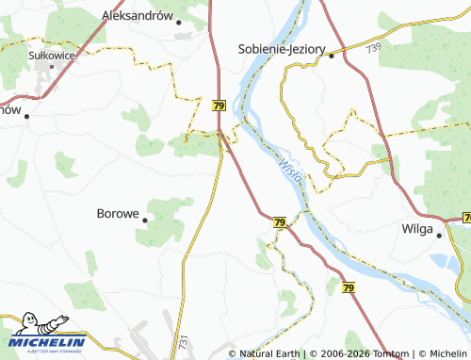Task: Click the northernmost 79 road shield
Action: tap(219, 106)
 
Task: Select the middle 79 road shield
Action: tap(279, 222)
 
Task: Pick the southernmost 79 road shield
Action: tap(349, 286)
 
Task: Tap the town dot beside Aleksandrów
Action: tap(177, 23)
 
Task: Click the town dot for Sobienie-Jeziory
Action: tap(331, 56)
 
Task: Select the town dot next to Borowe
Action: tap(146, 220)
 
